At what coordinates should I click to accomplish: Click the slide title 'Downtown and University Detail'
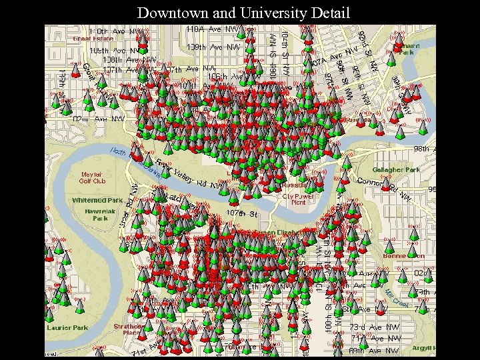click(x=243, y=12)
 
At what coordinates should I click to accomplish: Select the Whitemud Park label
click(x=97, y=200)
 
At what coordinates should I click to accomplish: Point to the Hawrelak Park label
click(x=100, y=214)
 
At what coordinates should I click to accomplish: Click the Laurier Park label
click(x=67, y=328)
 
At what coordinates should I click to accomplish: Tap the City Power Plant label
click(x=298, y=199)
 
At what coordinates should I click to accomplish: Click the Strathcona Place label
click(x=127, y=329)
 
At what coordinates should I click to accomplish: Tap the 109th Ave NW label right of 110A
click(x=213, y=47)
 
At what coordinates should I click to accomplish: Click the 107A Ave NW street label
click(x=327, y=59)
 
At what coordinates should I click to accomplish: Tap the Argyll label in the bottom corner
click(x=423, y=349)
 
